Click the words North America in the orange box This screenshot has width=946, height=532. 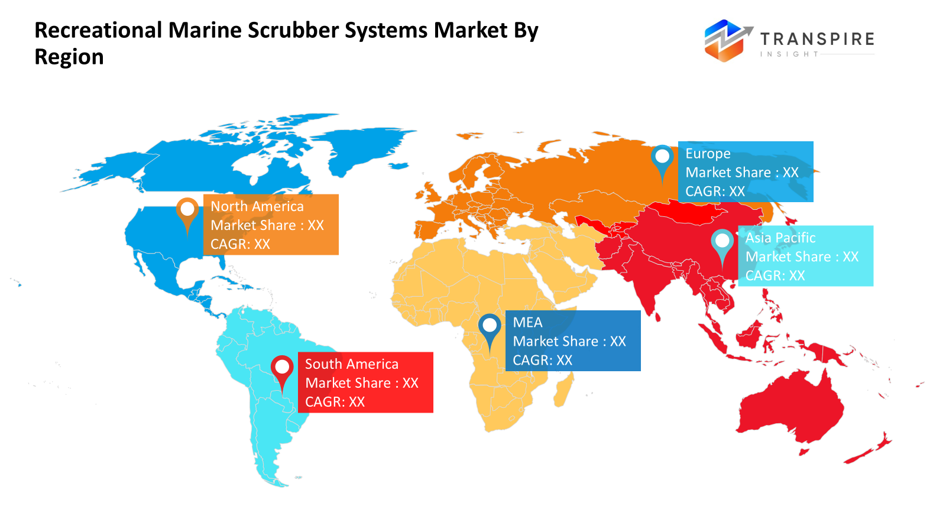257,206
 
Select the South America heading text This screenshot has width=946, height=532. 352,364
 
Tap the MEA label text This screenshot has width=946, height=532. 527,322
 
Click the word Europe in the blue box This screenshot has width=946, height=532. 708,154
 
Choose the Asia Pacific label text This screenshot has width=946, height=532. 780,238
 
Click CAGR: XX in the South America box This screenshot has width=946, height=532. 335,402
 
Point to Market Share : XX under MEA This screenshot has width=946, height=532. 569,341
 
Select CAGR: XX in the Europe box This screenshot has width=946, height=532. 715,192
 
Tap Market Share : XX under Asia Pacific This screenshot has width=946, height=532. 802,257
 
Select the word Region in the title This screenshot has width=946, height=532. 69,57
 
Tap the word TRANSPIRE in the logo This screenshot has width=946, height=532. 817,39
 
